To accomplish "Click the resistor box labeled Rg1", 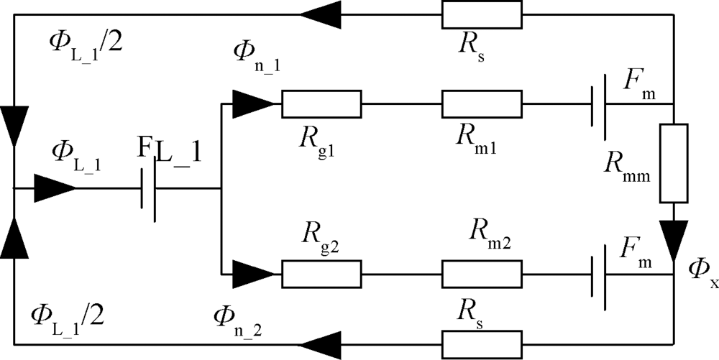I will click(321, 103).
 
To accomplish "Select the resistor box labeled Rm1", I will click(481, 103).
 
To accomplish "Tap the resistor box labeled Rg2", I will click(321, 273).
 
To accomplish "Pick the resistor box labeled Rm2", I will click(481, 273).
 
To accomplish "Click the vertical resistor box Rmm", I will click(674, 163).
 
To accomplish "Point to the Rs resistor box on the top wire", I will click(481, 13).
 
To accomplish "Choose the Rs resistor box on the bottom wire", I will click(481, 344).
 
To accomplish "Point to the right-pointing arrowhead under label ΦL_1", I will click(55, 190).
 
